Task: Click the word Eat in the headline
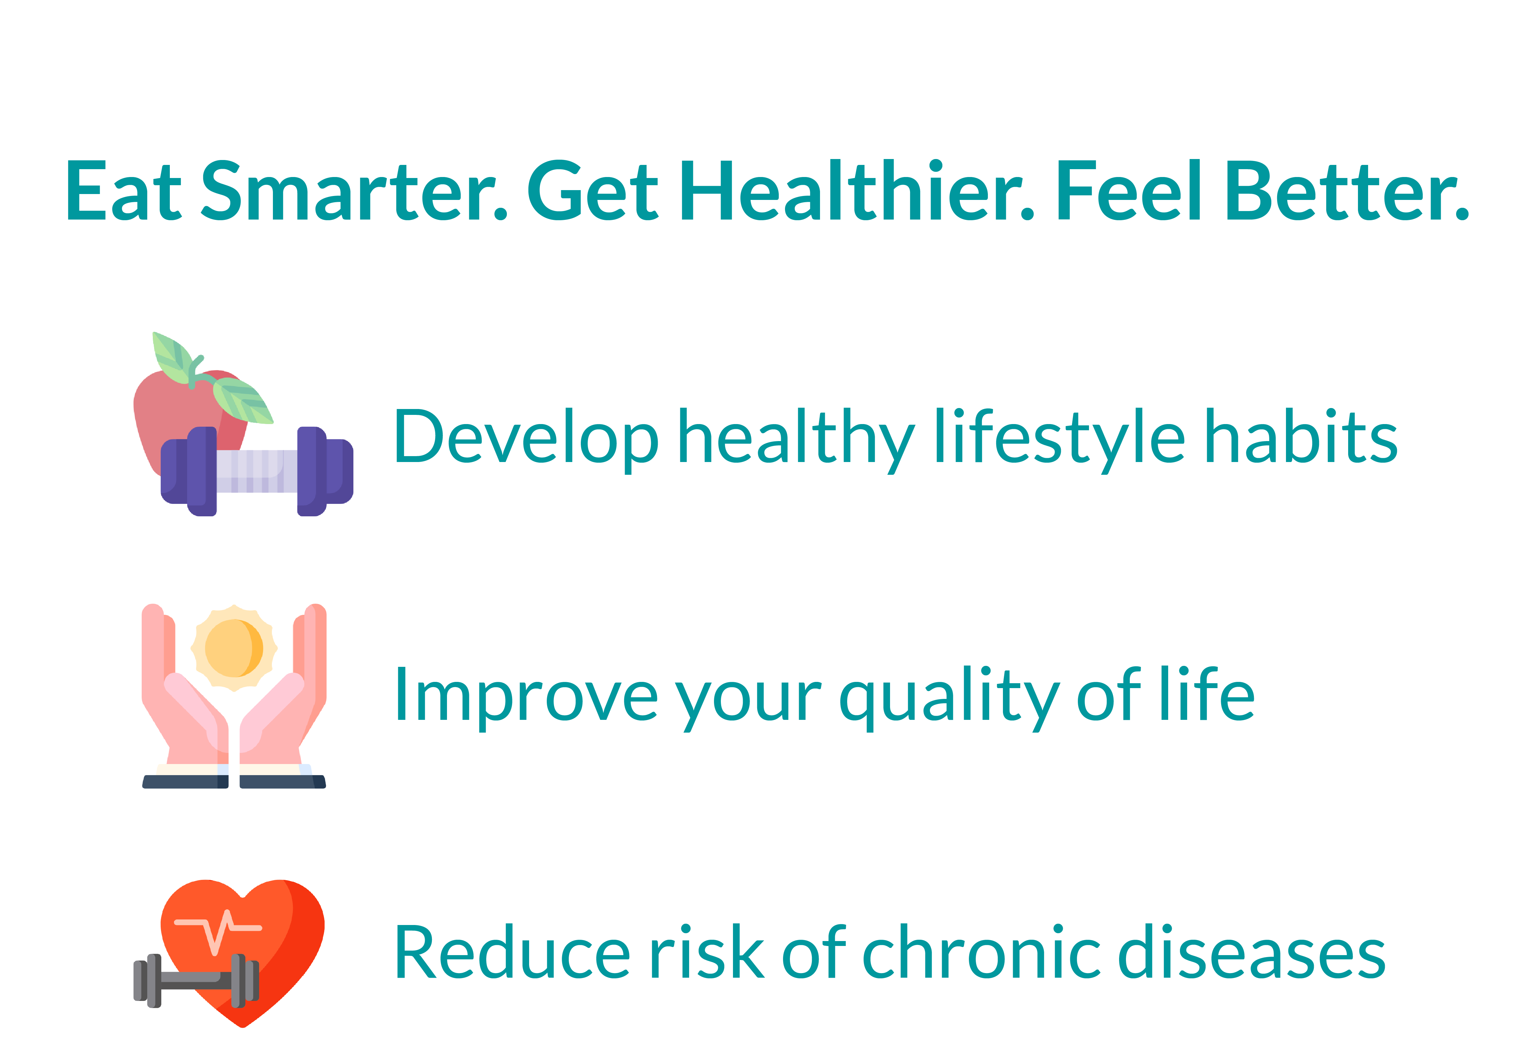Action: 123,191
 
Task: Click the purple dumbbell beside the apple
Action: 257,471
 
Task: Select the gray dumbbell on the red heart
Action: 196,981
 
